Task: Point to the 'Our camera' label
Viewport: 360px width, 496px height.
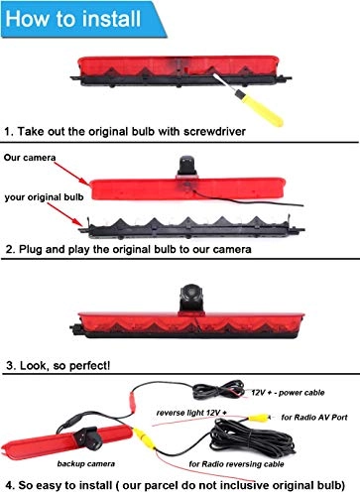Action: coord(29,157)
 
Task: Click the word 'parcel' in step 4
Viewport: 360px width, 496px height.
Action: coord(186,485)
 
